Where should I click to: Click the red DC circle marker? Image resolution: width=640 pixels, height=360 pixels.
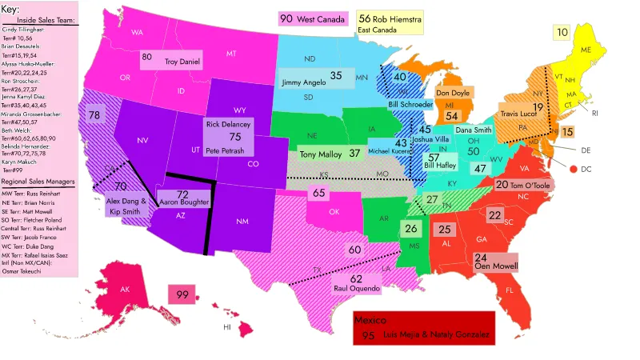(574, 169)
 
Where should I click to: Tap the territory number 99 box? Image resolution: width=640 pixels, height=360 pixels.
(182, 294)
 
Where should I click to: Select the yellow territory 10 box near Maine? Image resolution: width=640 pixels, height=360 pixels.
(562, 33)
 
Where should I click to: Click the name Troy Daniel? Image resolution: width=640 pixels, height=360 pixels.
(183, 61)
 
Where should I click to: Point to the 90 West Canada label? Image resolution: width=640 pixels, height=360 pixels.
(313, 18)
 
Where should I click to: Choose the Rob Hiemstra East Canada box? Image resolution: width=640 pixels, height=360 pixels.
(390, 23)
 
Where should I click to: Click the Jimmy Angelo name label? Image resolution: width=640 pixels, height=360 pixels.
(303, 82)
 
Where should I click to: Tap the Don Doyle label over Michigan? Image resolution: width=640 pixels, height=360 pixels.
(452, 93)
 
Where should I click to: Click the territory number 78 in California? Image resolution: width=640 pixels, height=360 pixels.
(94, 115)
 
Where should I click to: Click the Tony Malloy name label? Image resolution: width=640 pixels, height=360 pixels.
(320, 154)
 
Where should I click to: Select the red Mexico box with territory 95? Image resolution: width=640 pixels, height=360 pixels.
(424, 328)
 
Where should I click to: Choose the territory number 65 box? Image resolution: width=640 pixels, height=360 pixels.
(319, 193)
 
